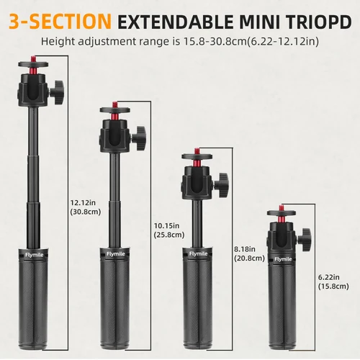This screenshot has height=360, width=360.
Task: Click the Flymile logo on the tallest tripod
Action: [x=34, y=253]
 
